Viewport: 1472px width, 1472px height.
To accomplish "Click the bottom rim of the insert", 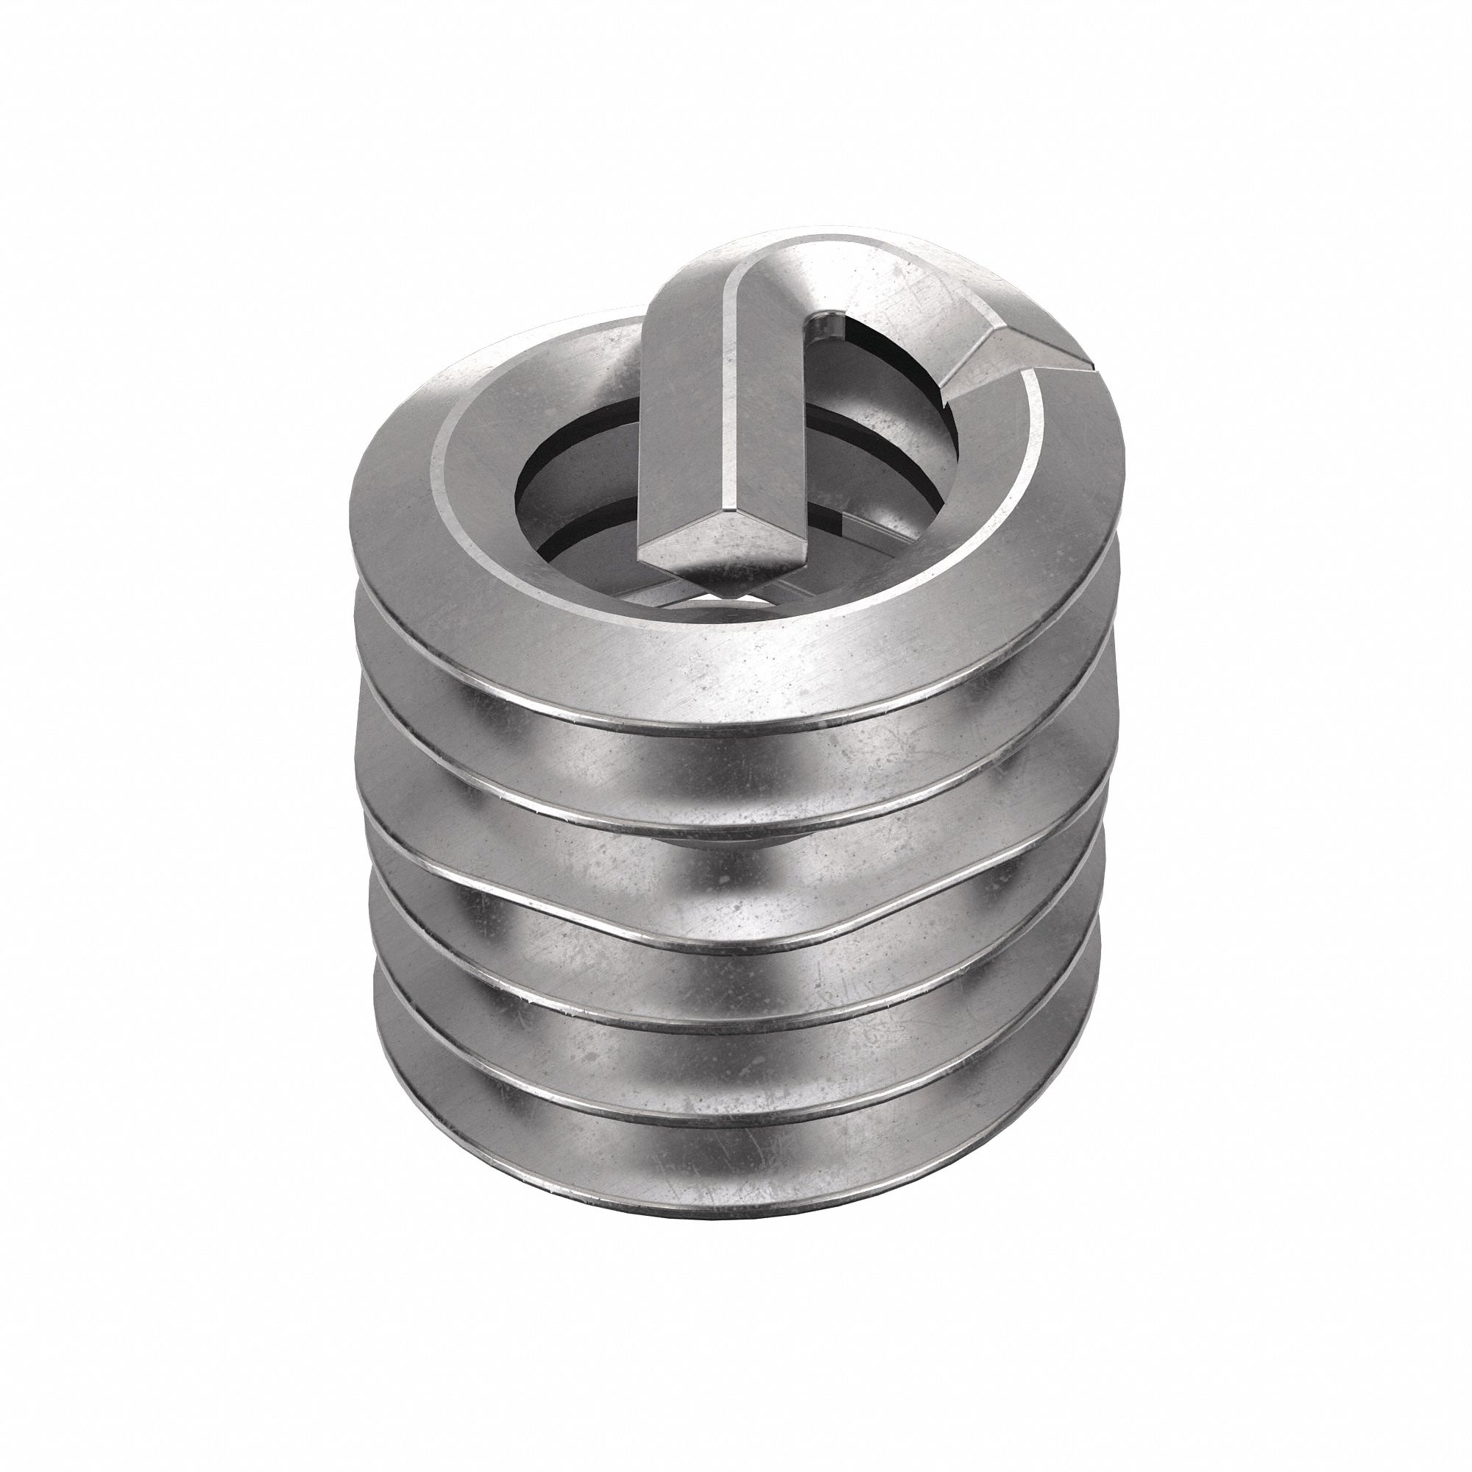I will coord(732,1211).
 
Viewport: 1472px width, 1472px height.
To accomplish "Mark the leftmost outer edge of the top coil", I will coord(360,518).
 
